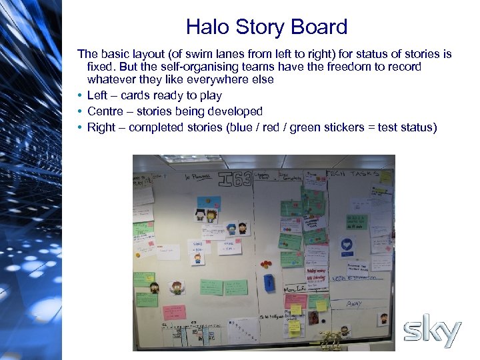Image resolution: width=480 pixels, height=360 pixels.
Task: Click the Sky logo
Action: coord(433,331)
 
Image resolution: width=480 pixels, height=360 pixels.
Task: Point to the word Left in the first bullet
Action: coord(98,95)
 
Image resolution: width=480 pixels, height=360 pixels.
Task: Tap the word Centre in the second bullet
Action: coord(105,111)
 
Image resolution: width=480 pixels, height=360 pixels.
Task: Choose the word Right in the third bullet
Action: coord(101,127)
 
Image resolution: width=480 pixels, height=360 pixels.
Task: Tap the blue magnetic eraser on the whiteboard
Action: coord(269,282)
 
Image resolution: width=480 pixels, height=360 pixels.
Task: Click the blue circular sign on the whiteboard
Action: coord(347,245)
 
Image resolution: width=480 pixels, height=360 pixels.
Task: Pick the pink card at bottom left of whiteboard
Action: coord(173,311)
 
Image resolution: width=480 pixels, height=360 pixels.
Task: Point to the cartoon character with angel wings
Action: coord(177,287)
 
